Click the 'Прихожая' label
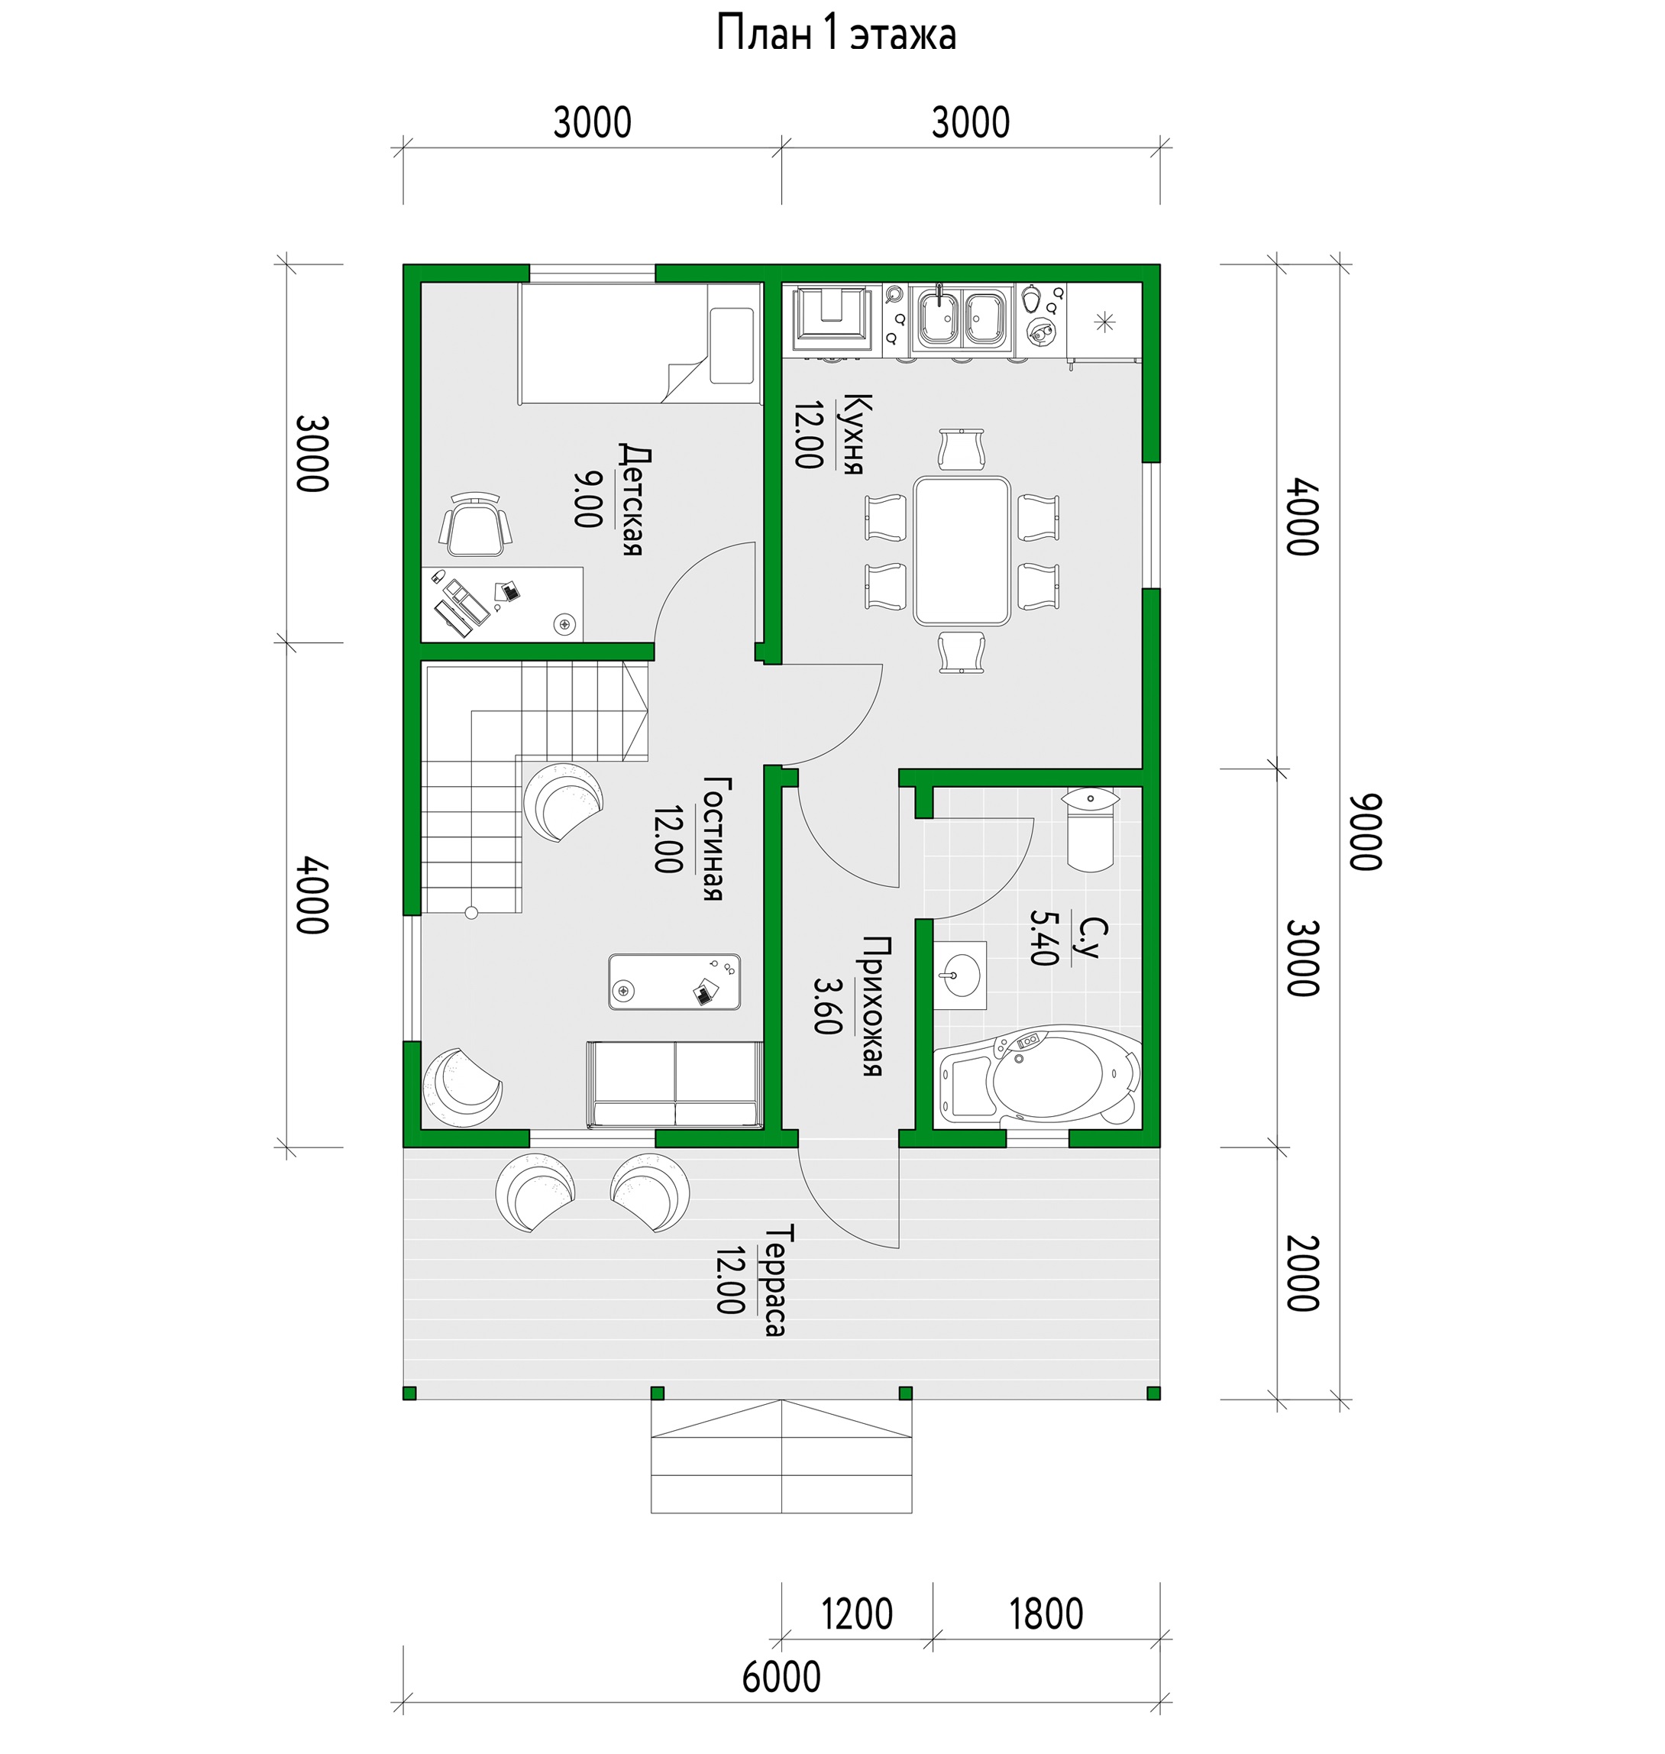872,1005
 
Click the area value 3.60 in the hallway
826,1005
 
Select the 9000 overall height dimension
1367,832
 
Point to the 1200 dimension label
856,1613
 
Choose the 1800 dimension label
1046,1613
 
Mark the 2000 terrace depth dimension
1302,1273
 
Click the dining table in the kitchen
962,550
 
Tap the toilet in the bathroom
1091,827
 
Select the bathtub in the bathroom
1039,1076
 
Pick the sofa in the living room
674,1084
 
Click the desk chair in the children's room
476,526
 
